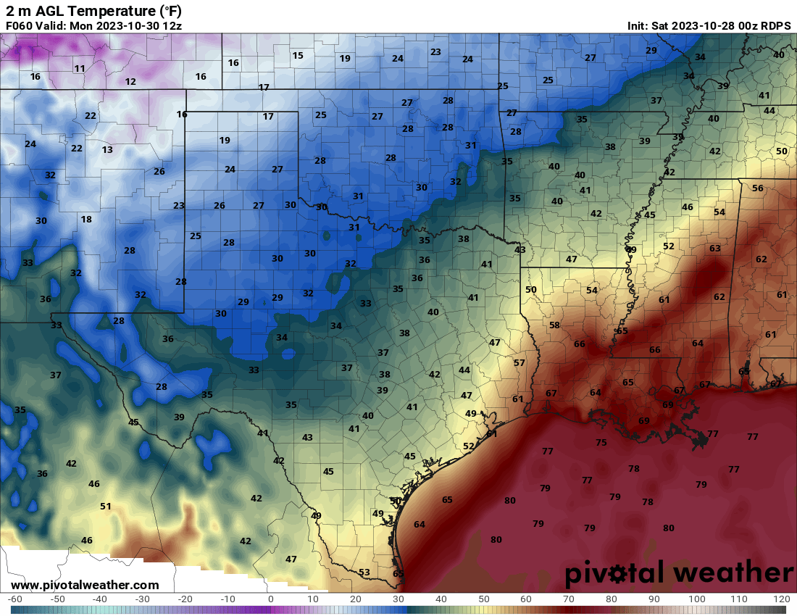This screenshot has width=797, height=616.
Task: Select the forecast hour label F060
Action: pos(18,25)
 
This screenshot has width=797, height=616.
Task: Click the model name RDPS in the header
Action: pos(776,25)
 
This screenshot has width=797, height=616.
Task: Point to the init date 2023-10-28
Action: pos(701,25)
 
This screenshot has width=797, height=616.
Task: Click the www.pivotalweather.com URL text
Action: pos(85,585)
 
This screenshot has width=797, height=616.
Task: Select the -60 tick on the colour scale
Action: pos(15,599)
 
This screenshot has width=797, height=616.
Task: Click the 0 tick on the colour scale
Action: pos(270,599)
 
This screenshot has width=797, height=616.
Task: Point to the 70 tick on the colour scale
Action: pos(569,599)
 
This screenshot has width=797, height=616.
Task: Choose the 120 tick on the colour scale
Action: pos(780,599)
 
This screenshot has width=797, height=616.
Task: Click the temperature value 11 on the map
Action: pos(80,69)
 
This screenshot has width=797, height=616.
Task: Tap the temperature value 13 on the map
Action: pos(107,150)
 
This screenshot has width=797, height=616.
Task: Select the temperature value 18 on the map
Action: pos(86,220)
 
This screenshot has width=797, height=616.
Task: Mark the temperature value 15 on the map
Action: pos(298,56)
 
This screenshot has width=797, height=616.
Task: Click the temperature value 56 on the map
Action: pos(758,188)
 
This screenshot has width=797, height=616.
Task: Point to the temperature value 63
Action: pos(715,249)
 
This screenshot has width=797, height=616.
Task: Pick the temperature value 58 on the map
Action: pos(554,325)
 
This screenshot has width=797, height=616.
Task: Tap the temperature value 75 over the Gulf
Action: pos(601,443)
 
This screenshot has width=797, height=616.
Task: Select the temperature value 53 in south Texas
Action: pos(364,573)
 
